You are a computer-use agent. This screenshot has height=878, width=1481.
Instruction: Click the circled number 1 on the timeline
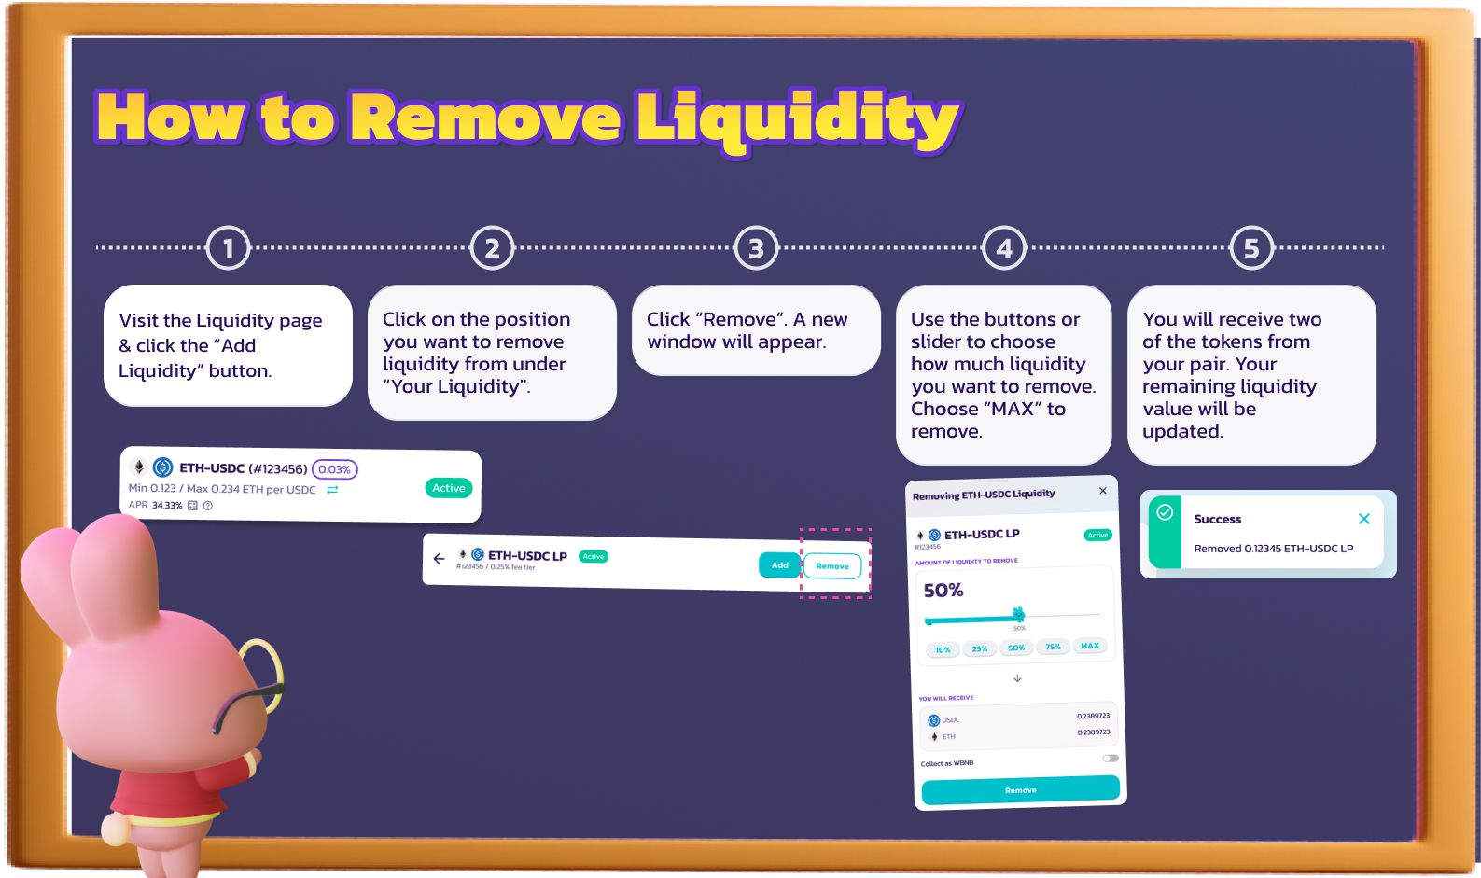(x=229, y=248)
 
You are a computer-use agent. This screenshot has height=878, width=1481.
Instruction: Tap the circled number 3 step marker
(x=756, y=248)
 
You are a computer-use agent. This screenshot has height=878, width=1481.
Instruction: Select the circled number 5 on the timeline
(x=1251, y=248)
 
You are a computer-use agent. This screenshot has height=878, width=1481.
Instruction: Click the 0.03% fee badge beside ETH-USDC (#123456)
(x=334, y=469)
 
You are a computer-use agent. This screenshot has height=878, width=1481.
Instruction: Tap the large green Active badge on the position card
(x=449, y=488)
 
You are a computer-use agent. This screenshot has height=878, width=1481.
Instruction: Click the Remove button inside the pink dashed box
(x=831, y=566)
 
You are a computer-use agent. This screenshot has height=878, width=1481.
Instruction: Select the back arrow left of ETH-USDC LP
(x=439, y=559)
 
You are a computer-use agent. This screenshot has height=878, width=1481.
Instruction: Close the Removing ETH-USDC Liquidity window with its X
(x=1103, y=491)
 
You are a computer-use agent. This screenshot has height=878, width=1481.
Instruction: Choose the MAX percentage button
(x=1089, y=646)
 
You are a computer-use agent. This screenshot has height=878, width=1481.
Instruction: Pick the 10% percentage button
(x=943, y=649)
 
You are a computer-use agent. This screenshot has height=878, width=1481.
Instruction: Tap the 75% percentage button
(x=1053, y=647)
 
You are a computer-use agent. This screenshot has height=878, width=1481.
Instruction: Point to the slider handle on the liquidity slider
(x=1018, y=614)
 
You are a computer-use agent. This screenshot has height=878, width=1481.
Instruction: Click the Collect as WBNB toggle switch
(x=1111, y=759)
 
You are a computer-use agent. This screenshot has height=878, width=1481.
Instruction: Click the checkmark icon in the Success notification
(x=1165, y=512)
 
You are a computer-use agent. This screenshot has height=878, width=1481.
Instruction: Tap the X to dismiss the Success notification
(x=1364, y=519)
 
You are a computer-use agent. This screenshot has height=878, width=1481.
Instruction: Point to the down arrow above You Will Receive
(x=1017, y=678)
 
